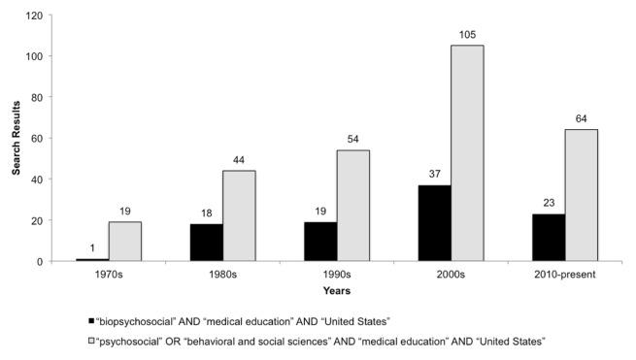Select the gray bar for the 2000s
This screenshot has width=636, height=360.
tap(467, 153)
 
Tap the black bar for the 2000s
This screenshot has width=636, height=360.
tap(433, 223)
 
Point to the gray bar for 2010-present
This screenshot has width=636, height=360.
tap(581, 195)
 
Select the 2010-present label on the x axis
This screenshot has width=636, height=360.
tap(564, 275)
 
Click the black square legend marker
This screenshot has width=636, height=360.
tap(91, 320)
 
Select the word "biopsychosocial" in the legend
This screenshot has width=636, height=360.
tap(134, 320)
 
